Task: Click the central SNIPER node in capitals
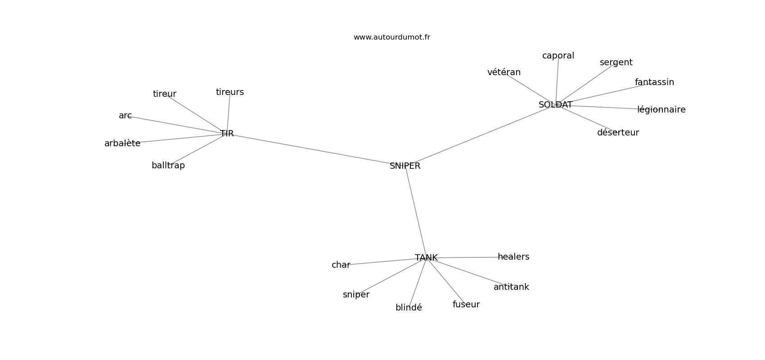405,166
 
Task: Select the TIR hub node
227,134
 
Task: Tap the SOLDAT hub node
555,105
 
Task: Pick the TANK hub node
426,258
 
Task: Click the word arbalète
122,144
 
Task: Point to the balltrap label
168,166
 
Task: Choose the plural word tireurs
230,92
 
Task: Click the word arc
125,116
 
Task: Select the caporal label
558,56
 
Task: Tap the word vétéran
504,72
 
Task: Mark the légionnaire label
661,110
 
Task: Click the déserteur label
618,133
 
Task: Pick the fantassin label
654,82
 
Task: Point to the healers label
513,257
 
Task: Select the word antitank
511,287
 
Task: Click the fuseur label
466,305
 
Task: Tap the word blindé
409,308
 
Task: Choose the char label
341,265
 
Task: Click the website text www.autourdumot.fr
391,37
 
